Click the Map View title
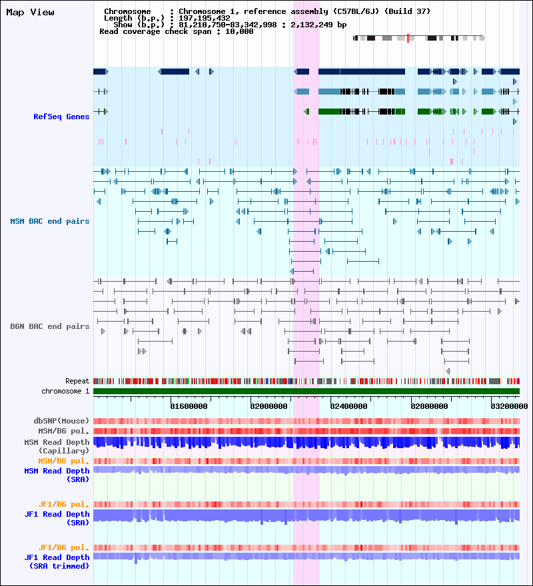tap(30, 12)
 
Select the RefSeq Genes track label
tap(61, 117)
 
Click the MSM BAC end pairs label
tap(50, 220)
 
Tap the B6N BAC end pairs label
tap(50, 326)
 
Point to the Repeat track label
tap(77, 381)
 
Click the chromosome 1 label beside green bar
tap(65, 391)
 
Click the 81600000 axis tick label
tap(189, 406)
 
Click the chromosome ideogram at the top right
tap(418, 38)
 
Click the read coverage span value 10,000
tap(239, 31)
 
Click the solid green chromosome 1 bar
tap(306, 391)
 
